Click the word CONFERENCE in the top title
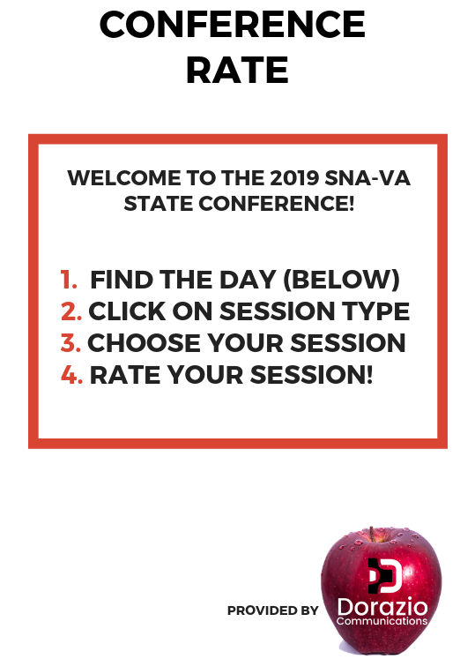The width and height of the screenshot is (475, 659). (233, 25)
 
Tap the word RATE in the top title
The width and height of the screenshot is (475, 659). (237, 70)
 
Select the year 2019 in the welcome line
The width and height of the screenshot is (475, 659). (294, 178)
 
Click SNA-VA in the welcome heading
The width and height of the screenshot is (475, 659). (367, 178)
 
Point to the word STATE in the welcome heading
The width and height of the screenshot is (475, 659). (159, 204)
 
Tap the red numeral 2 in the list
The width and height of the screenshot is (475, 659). (71, 311)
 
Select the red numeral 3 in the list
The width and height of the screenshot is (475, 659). (71, 342)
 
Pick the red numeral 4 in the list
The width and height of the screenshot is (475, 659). (71, 374)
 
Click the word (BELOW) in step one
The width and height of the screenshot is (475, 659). (341, 280)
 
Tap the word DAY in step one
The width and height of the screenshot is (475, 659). (248, 280)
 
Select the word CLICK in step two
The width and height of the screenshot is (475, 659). (127, 311)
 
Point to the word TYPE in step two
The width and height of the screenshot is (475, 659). (375, 311)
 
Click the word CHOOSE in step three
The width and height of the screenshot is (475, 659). (144, 342)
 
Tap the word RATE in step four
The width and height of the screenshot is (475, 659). (125, 374)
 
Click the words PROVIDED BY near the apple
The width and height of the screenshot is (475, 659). (272, 610)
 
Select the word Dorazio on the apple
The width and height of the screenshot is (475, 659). (382, 607)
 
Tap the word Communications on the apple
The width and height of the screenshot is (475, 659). (382, 621)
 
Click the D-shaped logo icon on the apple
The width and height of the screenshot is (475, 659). (385, 575)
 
